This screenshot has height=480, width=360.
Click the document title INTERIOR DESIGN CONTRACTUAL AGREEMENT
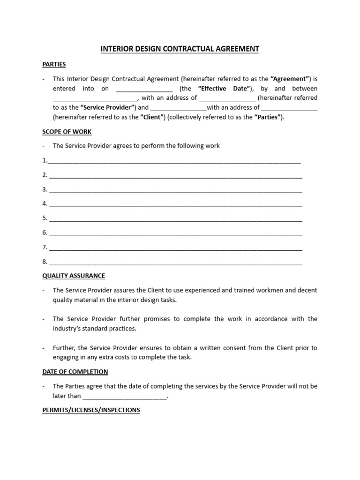(180, 49)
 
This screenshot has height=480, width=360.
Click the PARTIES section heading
(54, 64)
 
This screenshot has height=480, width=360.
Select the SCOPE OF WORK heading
(67, 131)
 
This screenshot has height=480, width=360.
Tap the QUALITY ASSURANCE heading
(74, 276)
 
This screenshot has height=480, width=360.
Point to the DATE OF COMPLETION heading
(75, 372)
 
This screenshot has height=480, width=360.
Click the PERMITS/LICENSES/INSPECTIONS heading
(91, 410)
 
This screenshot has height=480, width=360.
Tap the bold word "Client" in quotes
(150, 117)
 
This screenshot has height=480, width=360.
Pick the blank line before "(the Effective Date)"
(144, 90)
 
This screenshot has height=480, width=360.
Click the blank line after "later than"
(125, 397)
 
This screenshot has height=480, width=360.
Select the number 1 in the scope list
(45, 160)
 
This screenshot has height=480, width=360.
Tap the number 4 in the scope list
(45, 203)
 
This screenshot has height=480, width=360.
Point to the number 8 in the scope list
(45, 262)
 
